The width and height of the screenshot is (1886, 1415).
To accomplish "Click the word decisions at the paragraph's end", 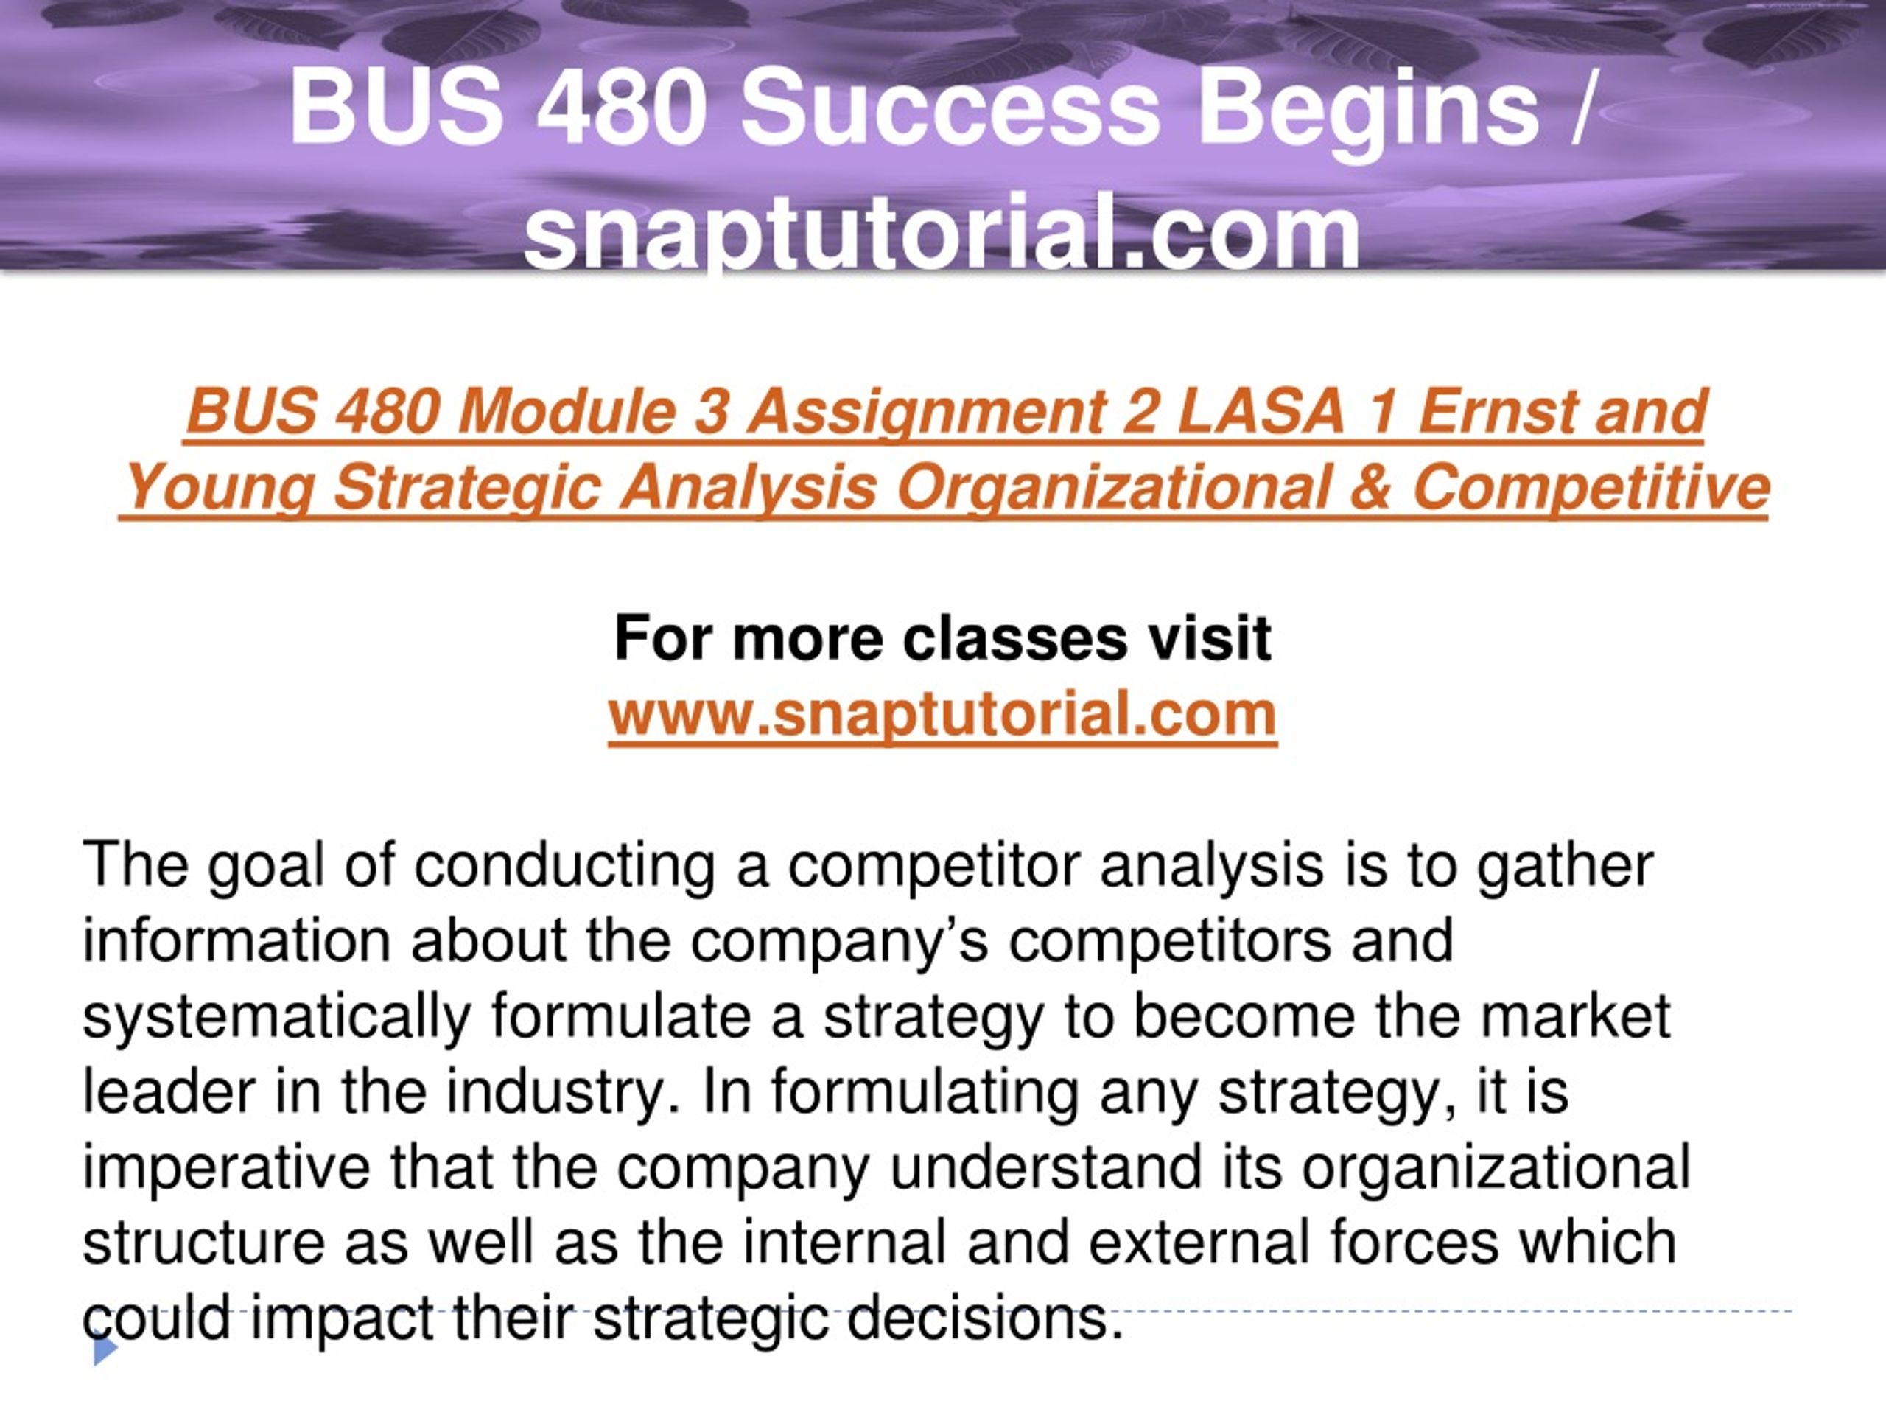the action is click(x=984, y=1318).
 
